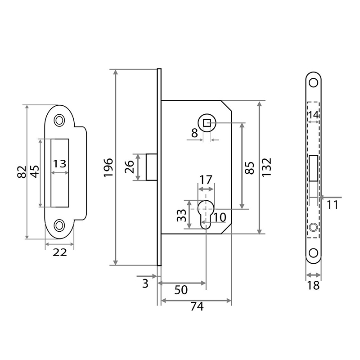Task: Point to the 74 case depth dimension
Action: tap(197, 306)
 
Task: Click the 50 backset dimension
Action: tap(181, 290)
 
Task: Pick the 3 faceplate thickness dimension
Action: tap(145, 283)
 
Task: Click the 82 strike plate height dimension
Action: tap(21, 172)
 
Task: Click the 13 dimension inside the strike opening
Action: tap(59, 164)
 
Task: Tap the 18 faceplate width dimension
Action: tap(314, 285)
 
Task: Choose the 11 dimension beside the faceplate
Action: tap(332, 205)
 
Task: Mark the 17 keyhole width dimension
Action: tap(206, 180)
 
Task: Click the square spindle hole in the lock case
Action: tap(206, 123)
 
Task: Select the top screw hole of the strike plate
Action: tap(59, 120)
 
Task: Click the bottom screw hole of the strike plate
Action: tap(59, 224)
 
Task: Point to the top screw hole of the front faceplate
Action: tap(314, 82)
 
